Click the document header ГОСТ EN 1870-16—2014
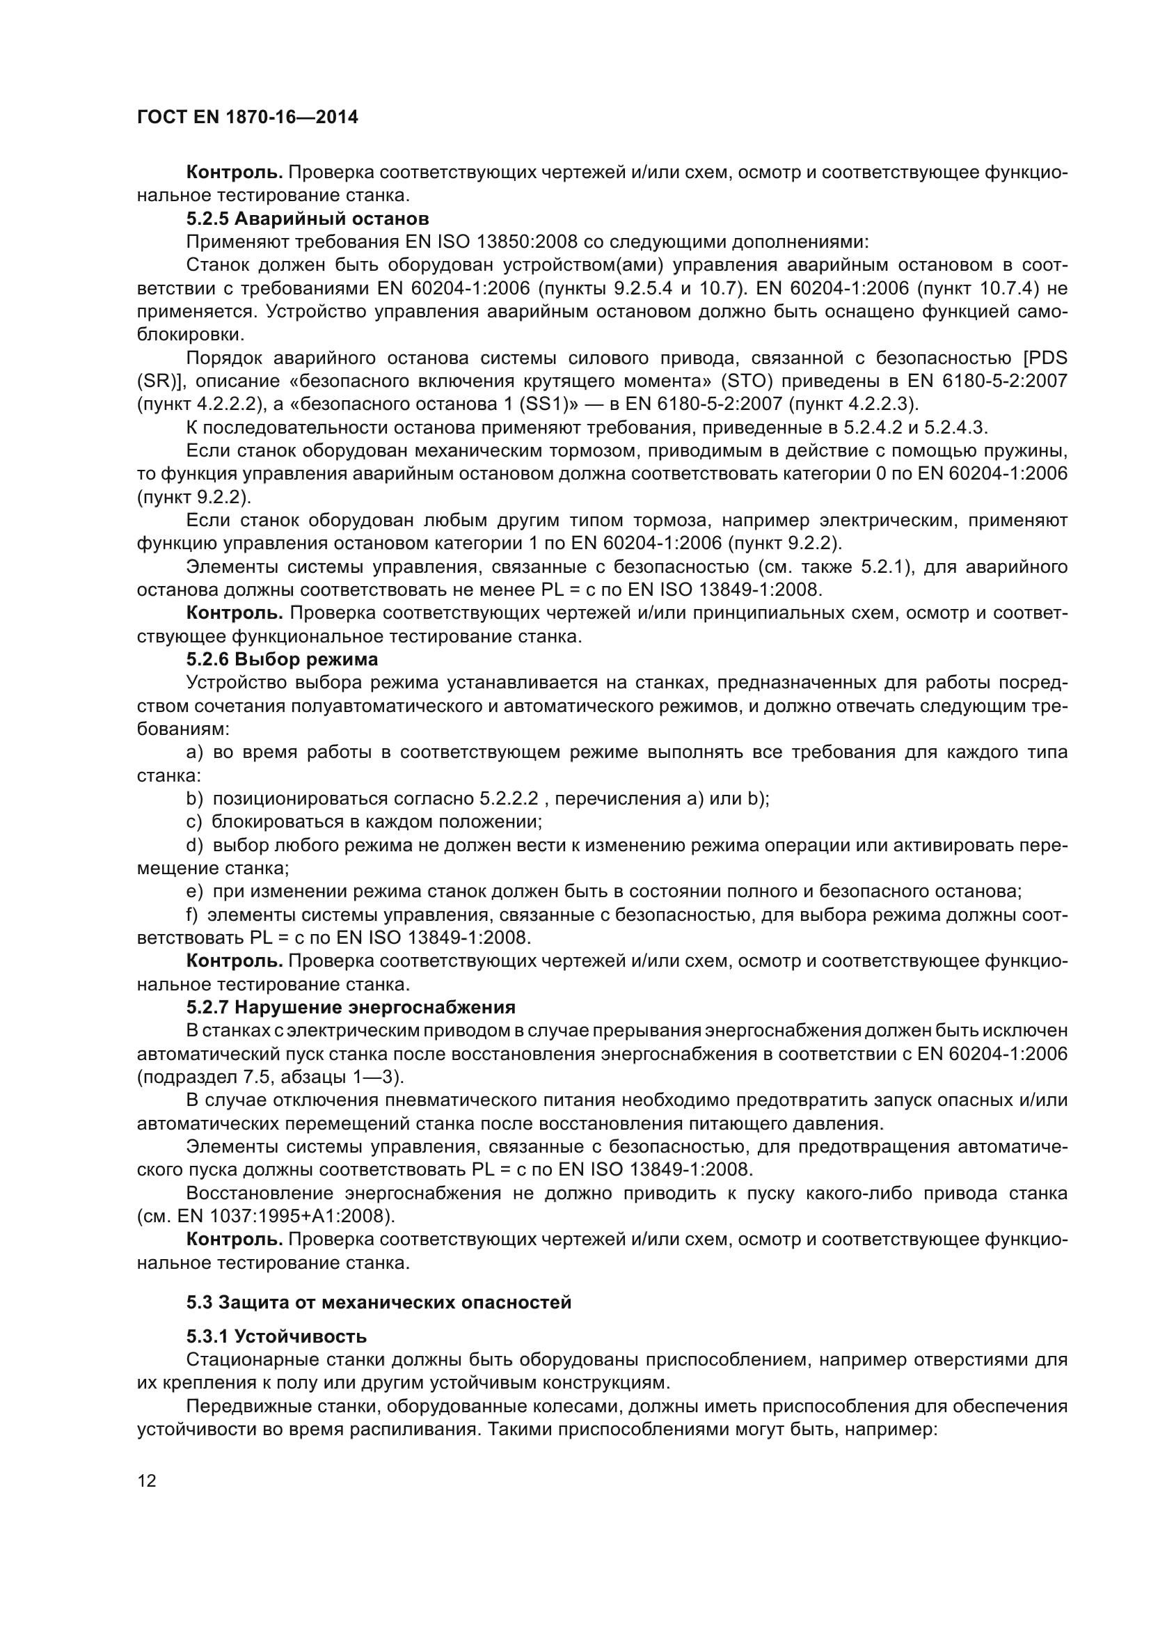[247, 118]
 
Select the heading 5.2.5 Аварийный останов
[308, 219]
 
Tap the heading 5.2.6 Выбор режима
[282, 659]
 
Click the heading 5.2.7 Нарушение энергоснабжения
[351, 1007]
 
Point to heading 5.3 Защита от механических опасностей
[379, 1302]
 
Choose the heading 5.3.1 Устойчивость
[276, 1336]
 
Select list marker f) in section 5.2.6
[192, 915]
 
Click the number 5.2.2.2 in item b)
[509, 798]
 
